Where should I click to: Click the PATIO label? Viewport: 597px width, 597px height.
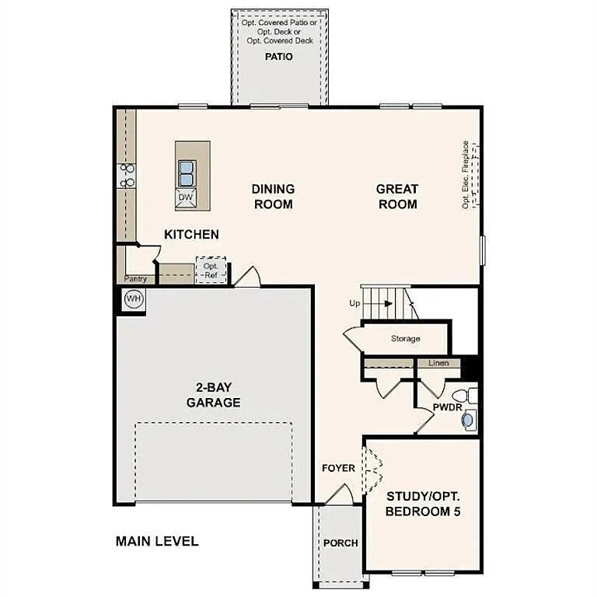278,57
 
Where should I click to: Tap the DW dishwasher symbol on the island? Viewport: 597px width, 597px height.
185,197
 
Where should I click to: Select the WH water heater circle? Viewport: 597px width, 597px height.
133,298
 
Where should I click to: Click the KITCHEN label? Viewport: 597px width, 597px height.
191,234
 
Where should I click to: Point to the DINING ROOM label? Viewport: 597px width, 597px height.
273,197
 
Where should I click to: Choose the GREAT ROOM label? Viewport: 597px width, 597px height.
396,197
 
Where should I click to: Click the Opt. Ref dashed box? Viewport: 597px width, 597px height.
211,270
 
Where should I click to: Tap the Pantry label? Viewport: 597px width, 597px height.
136,278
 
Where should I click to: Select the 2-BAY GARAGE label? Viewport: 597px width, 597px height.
213,395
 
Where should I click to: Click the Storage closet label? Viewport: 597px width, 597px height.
405,339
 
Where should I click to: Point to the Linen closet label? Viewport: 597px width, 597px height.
438,363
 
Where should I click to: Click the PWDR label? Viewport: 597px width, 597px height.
448,407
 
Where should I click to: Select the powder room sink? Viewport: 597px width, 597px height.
468,420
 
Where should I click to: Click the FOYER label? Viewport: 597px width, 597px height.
339,468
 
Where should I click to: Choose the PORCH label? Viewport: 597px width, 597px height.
340,543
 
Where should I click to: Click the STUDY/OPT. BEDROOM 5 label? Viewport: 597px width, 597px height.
422,503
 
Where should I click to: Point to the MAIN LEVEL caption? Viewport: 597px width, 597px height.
157,541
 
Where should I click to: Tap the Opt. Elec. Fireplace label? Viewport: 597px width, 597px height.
466,174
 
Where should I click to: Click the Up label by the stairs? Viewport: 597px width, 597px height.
354,303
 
